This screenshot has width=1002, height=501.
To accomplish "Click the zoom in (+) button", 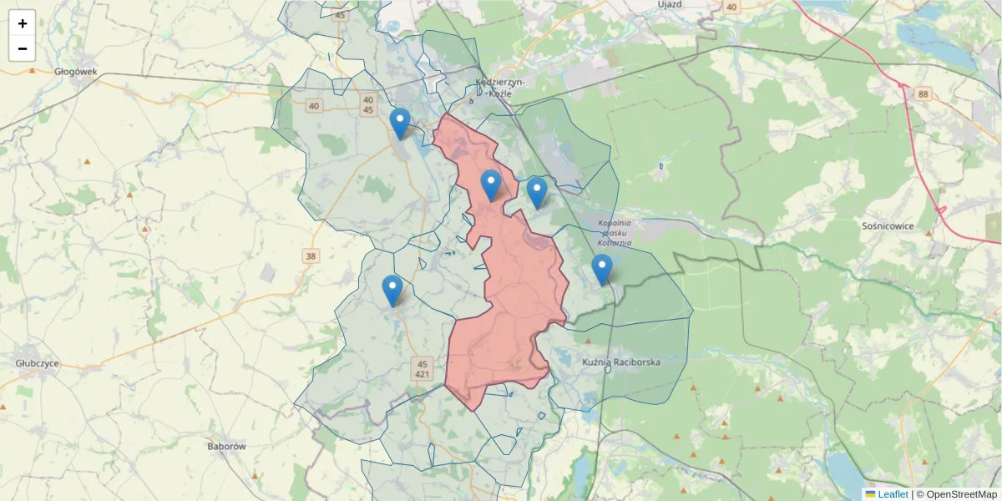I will point(23,23).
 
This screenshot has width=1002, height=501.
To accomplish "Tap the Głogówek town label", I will point(75,72).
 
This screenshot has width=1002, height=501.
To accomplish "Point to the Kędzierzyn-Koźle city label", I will point(498,88).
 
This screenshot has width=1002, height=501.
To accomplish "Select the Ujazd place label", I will point(670,5).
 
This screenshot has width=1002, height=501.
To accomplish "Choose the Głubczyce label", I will point(38,364).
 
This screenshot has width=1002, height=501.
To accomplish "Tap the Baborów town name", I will point(226,447).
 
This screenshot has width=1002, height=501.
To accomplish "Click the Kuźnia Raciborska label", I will point(621,362).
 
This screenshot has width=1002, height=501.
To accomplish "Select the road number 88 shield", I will point(923,94).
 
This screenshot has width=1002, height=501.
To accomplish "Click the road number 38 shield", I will point(311,256).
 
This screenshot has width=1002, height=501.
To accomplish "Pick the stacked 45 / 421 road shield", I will point(423,369).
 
